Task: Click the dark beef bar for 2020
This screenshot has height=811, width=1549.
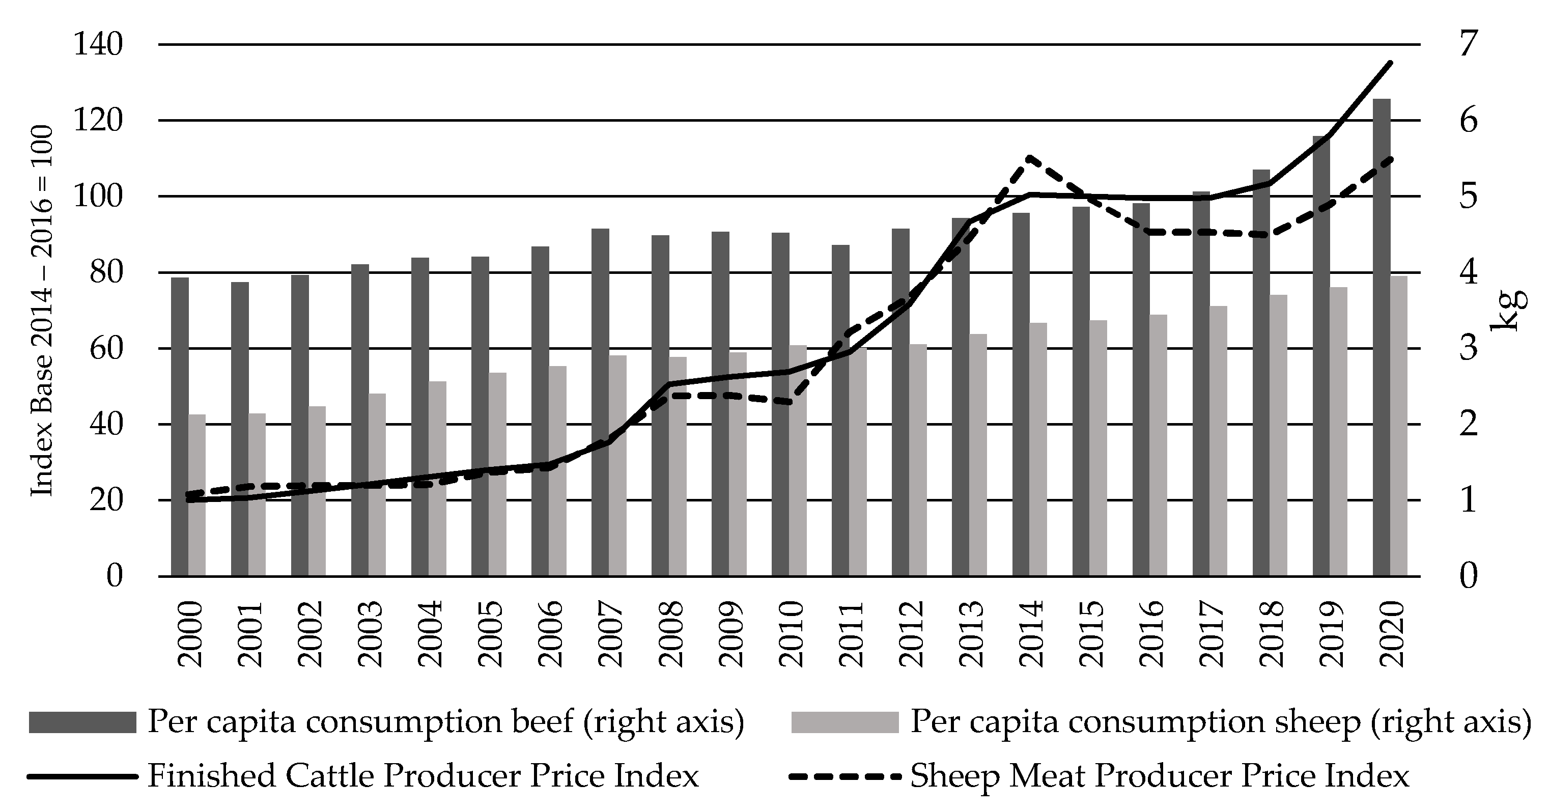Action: pyautogui.click(x=1382, y=337)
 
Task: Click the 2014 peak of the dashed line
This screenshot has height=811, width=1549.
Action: pyautogui.click(x=1030, y=157)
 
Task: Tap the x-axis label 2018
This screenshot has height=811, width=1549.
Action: pyautogui.click(x=1271, y=634)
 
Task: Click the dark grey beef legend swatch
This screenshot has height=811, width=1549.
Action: pyautogui.click(x=82, y=722)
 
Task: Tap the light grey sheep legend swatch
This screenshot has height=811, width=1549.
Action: pyautogui.click(x=844, y=722)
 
